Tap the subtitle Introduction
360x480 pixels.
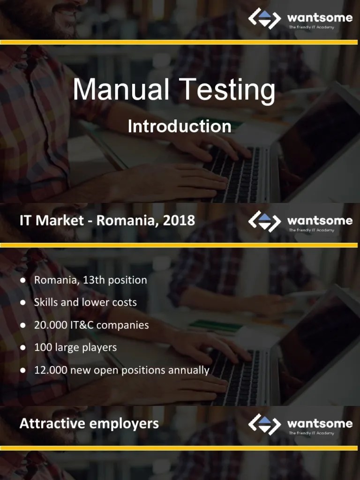[180, 127]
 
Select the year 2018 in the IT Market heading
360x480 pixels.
[179, 221]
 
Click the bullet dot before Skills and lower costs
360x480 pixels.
[22, 303]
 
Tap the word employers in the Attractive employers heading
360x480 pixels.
[124, 424]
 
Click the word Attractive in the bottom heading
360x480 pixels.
[52, 424]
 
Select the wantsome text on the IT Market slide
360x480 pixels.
[320, 220]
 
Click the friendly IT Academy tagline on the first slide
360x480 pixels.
[311, 27]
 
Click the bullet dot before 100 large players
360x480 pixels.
[22, 348]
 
